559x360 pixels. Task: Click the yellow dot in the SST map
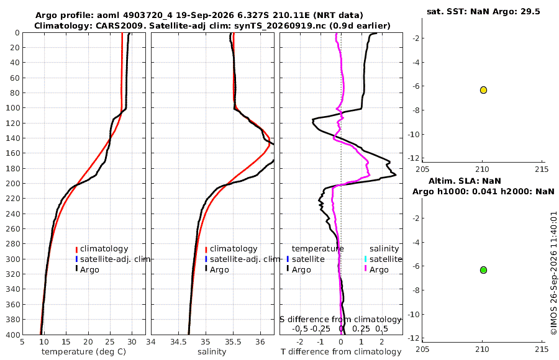click(483, 90)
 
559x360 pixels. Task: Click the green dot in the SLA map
click(483, 270)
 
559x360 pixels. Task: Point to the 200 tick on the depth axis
click(13, 183)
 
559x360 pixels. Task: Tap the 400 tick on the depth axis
click(13, 335)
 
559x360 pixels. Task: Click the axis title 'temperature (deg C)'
click(84, 352)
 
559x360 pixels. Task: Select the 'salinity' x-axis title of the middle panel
click(212, 352)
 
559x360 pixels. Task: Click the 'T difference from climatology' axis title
click(341, 352)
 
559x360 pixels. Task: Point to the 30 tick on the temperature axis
click(132, 342)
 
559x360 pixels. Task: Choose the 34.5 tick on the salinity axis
click(178, 342)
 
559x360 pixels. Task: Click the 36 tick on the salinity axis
click(260, 342)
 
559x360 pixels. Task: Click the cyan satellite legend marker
click(365, 259)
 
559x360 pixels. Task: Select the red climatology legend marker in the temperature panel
click(76, 250)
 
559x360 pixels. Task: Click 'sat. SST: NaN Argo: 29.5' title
click(483, 11)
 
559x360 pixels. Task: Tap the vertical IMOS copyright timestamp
click(553, 273)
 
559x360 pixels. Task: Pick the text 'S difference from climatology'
click(340, 320)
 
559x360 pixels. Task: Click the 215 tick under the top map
click(542, 169)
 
